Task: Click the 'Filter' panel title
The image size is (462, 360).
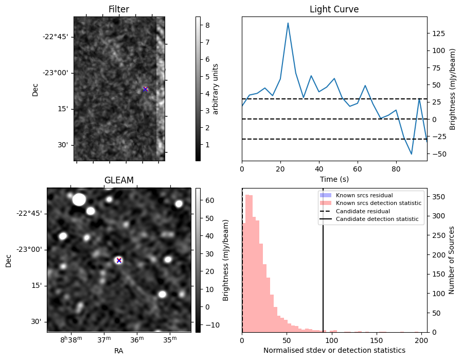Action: pos(119,9)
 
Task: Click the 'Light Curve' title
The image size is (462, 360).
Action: pos(334,9)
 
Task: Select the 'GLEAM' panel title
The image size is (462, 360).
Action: pos(119,180)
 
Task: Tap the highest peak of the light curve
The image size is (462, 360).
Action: pos(288,23)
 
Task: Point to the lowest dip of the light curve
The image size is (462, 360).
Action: pos(412,154)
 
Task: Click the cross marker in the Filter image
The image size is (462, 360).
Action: pos(145,89)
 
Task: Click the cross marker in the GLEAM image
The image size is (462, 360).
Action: pos(119,260)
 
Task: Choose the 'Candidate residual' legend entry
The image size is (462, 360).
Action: pos(363,212)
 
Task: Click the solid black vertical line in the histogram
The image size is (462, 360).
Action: pos(323,268)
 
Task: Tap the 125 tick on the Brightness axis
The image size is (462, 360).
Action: pos(438,33)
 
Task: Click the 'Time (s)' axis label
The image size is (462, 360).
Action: pos(334,179)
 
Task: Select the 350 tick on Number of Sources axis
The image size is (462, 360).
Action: pos(438,197)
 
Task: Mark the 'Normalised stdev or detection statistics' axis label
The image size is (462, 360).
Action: pos(334,350)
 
